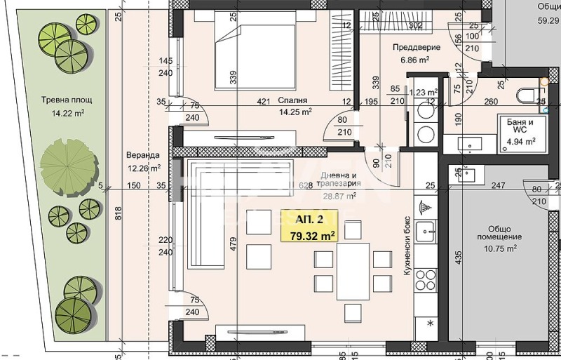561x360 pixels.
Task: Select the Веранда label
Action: [x=144, y=155]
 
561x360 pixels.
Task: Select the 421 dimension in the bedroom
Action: [x=263, y=102]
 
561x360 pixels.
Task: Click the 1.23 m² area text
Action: [x=423, y=91]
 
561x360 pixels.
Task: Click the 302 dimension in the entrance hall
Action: [x=415, y=26]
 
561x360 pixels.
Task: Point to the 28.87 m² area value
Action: [x=339, y=196]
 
